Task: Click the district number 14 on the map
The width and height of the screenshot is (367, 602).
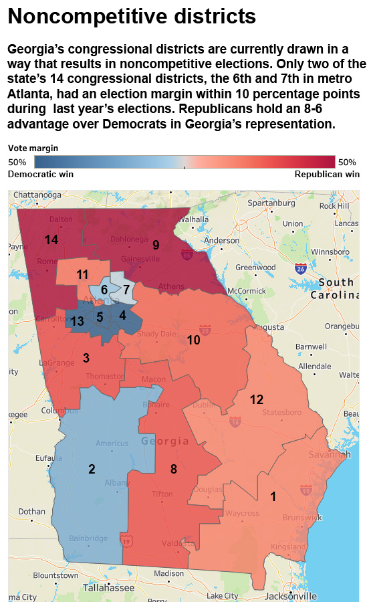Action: point(51,239)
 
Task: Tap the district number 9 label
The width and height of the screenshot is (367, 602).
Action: point(156,244)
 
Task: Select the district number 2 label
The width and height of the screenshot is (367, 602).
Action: point(92,469)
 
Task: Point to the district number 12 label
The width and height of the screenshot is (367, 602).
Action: point(257,399)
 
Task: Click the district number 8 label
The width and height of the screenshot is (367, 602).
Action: point(173,469)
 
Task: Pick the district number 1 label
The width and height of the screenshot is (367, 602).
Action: point(273,496)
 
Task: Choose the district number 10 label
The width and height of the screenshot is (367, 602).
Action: point(193,340)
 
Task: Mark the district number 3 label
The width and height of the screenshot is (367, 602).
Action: point(86,358)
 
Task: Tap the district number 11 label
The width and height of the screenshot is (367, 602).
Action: point(82,274)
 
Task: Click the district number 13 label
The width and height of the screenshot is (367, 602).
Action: point(78,321)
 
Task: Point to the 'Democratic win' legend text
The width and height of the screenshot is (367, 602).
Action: point(40,174)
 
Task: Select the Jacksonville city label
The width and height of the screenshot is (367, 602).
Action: point(290,595)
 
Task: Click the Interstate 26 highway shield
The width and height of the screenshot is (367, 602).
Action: point(301,268)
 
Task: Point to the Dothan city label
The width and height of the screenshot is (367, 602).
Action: point(32,512)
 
